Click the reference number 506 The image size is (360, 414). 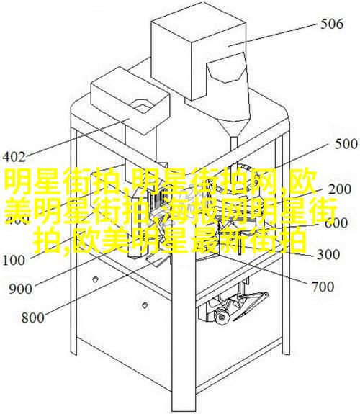point(332,24)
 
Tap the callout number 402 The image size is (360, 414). point(14,157)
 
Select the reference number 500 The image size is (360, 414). point(346,145)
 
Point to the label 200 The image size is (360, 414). point(340,189)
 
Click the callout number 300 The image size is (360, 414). point(328,254)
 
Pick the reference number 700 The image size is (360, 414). point(323,287)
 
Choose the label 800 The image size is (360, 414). point(32,317)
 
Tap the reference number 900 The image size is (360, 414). point(20,289)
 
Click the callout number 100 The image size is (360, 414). point(14,260)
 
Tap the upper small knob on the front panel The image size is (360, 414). point(95,279)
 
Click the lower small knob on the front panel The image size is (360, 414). point(144,305)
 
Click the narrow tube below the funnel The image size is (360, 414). point(233,148)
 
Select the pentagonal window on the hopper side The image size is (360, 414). point(227,68)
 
